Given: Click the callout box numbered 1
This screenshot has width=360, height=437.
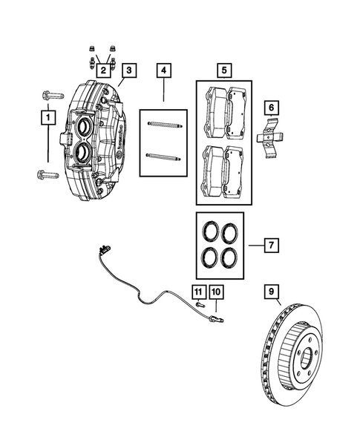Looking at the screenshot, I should point(48,117).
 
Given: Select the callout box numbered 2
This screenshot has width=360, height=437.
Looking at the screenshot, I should point(104,69).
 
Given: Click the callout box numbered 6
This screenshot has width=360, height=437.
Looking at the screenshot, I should point(272,108).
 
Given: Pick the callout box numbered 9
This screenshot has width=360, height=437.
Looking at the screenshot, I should point(271,292).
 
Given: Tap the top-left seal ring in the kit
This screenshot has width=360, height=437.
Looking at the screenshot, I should point(211,229).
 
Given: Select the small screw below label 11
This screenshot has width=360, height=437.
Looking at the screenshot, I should point(200,303).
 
